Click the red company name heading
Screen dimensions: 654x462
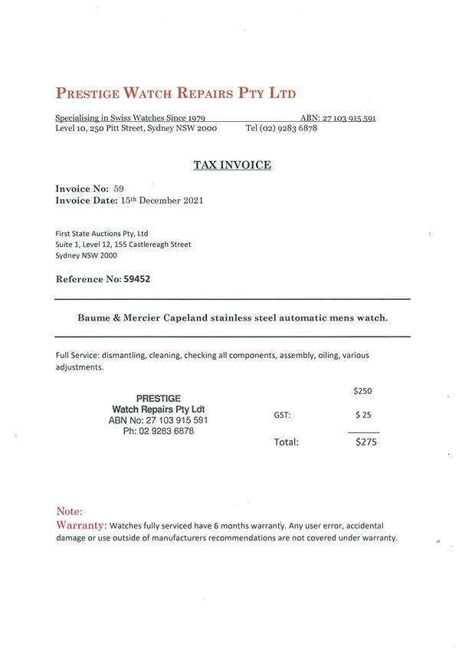(x=175, y=94)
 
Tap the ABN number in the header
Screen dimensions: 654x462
(x=349, y=118)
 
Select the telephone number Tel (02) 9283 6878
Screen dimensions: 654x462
(x=281, y=129)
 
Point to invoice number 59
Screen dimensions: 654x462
(x=119, y=188)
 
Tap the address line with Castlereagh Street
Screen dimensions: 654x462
(x=123, y=245)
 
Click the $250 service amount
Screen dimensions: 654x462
(x=362, y=391)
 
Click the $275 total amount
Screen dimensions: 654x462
(x=365, y=442)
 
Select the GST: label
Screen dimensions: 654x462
(x=282, y=416)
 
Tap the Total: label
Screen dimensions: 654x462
(x=286, y=442)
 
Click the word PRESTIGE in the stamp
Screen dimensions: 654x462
(x=158, y=399)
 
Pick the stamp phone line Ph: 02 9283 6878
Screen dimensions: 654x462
(x=158, y=432)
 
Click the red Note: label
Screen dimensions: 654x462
(x=70, y=511)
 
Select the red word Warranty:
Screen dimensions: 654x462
(x=81, y=525)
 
